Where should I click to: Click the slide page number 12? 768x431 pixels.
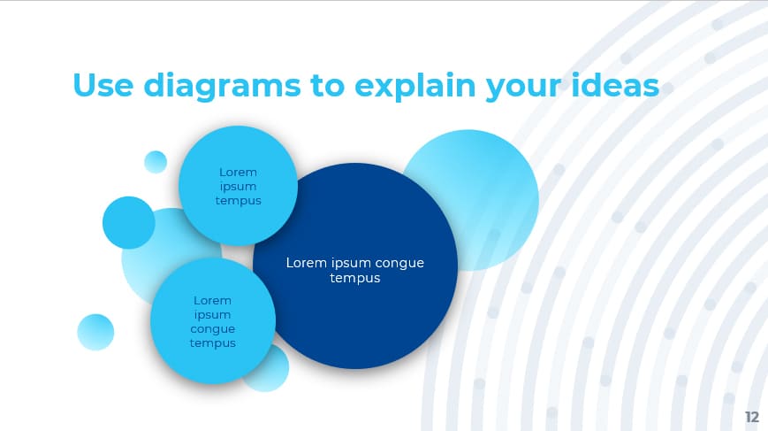751,416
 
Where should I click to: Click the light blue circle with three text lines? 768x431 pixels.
238,186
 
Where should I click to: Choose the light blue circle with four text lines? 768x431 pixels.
212,321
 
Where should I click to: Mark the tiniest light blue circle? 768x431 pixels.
156,162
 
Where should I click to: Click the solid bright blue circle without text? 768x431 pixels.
129,222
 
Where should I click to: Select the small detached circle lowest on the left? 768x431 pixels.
95,332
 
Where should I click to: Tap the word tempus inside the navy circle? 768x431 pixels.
355,278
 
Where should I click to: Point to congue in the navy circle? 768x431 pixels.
400,263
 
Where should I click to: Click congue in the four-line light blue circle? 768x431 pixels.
212,328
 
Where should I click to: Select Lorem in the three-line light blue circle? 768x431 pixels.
238,172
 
